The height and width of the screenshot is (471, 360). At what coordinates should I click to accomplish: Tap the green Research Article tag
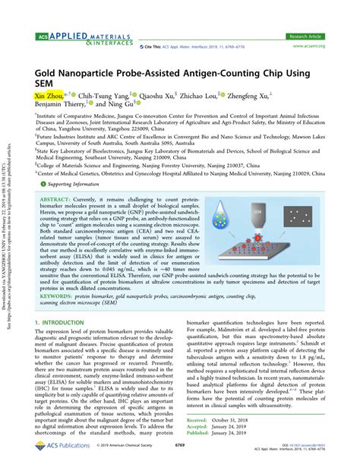click(x=308, y=36)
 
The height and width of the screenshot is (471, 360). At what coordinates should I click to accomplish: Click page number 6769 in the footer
click(x=180, y=455)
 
